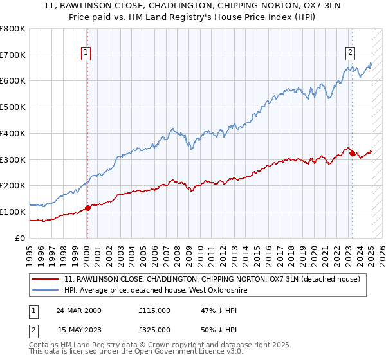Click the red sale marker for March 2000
pos(87,207)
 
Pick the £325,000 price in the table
pos(154,329)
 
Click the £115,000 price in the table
pos(154,310)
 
